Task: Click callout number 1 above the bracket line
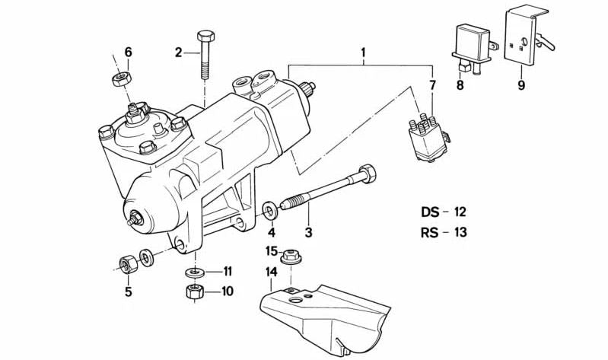[364, 53]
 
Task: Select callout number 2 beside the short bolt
[179, 53]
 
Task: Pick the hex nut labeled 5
[127, 264]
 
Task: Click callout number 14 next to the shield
[271, 272]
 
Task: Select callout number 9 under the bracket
[521, 85]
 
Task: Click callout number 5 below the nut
[128, 292]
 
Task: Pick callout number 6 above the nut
[128, 53]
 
